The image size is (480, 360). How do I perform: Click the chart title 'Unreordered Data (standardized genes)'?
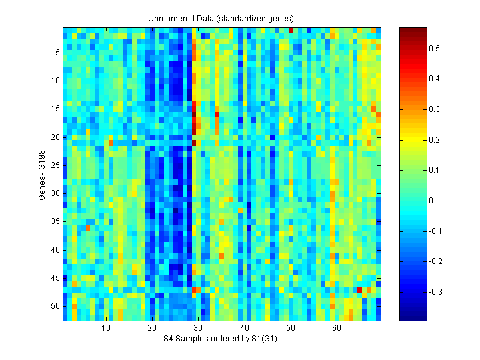coord(221,18)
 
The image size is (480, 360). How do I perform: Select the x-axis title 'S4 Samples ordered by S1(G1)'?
coord(221,339)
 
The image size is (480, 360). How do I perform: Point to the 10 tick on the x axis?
coord(106,328)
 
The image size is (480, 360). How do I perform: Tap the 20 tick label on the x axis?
coord(152,328)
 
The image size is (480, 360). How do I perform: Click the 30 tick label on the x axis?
coord(198,328)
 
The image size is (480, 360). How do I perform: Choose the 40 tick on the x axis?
coord(244,328)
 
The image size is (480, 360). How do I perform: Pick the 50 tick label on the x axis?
coord(291,328)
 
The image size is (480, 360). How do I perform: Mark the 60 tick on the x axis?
coord(337,328)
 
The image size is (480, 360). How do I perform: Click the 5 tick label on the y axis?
coord(57,52)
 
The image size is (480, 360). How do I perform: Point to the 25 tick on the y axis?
coord(55,165)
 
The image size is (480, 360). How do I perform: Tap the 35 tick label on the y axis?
coord(55,221)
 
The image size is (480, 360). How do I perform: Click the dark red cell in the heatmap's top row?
coord(291,29)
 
